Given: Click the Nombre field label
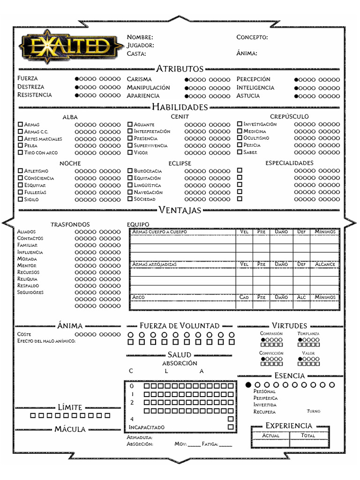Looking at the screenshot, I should pyautogui.click(x=140, y=37).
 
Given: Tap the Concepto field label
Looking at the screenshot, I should pyautogui.click(x=252, y=37).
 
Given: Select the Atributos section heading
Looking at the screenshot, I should pyautogui.click(x=180, y=69).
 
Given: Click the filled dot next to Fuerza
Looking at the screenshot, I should pyautogui.click(x=77, y=79).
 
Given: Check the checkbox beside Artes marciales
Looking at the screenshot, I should pyautogui.click(x=20, y=139).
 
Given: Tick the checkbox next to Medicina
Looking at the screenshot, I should pyautogui.click(x=240, y=131).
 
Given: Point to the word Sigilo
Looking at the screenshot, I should pyautogui.click(x=31, y=200).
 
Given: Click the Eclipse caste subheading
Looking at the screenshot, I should pyautogui.click(x=180, y=163).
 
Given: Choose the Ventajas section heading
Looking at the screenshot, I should pyautogui.click(x=180, y=210).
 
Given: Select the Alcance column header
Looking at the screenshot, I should pyautogui.click(x=325, y=264).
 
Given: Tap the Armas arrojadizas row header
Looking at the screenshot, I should pyautogui.click(x=154, y=264).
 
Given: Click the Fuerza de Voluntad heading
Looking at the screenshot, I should pyautogui.click(x=180, y=325).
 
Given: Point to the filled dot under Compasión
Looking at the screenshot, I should pyautogui.click(x=263, y=340).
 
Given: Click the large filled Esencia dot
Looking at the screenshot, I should pyautogui.click(x=248, y=385).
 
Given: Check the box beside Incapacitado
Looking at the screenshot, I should pyautogui.click(x=231, y=427).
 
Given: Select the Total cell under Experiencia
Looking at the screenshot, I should pyautogui.click(x=308, y=435).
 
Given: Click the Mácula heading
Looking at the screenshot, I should pyautogui.click(x=70, y=429).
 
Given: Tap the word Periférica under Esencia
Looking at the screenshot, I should pyautogui.click(x=265, y=398).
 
